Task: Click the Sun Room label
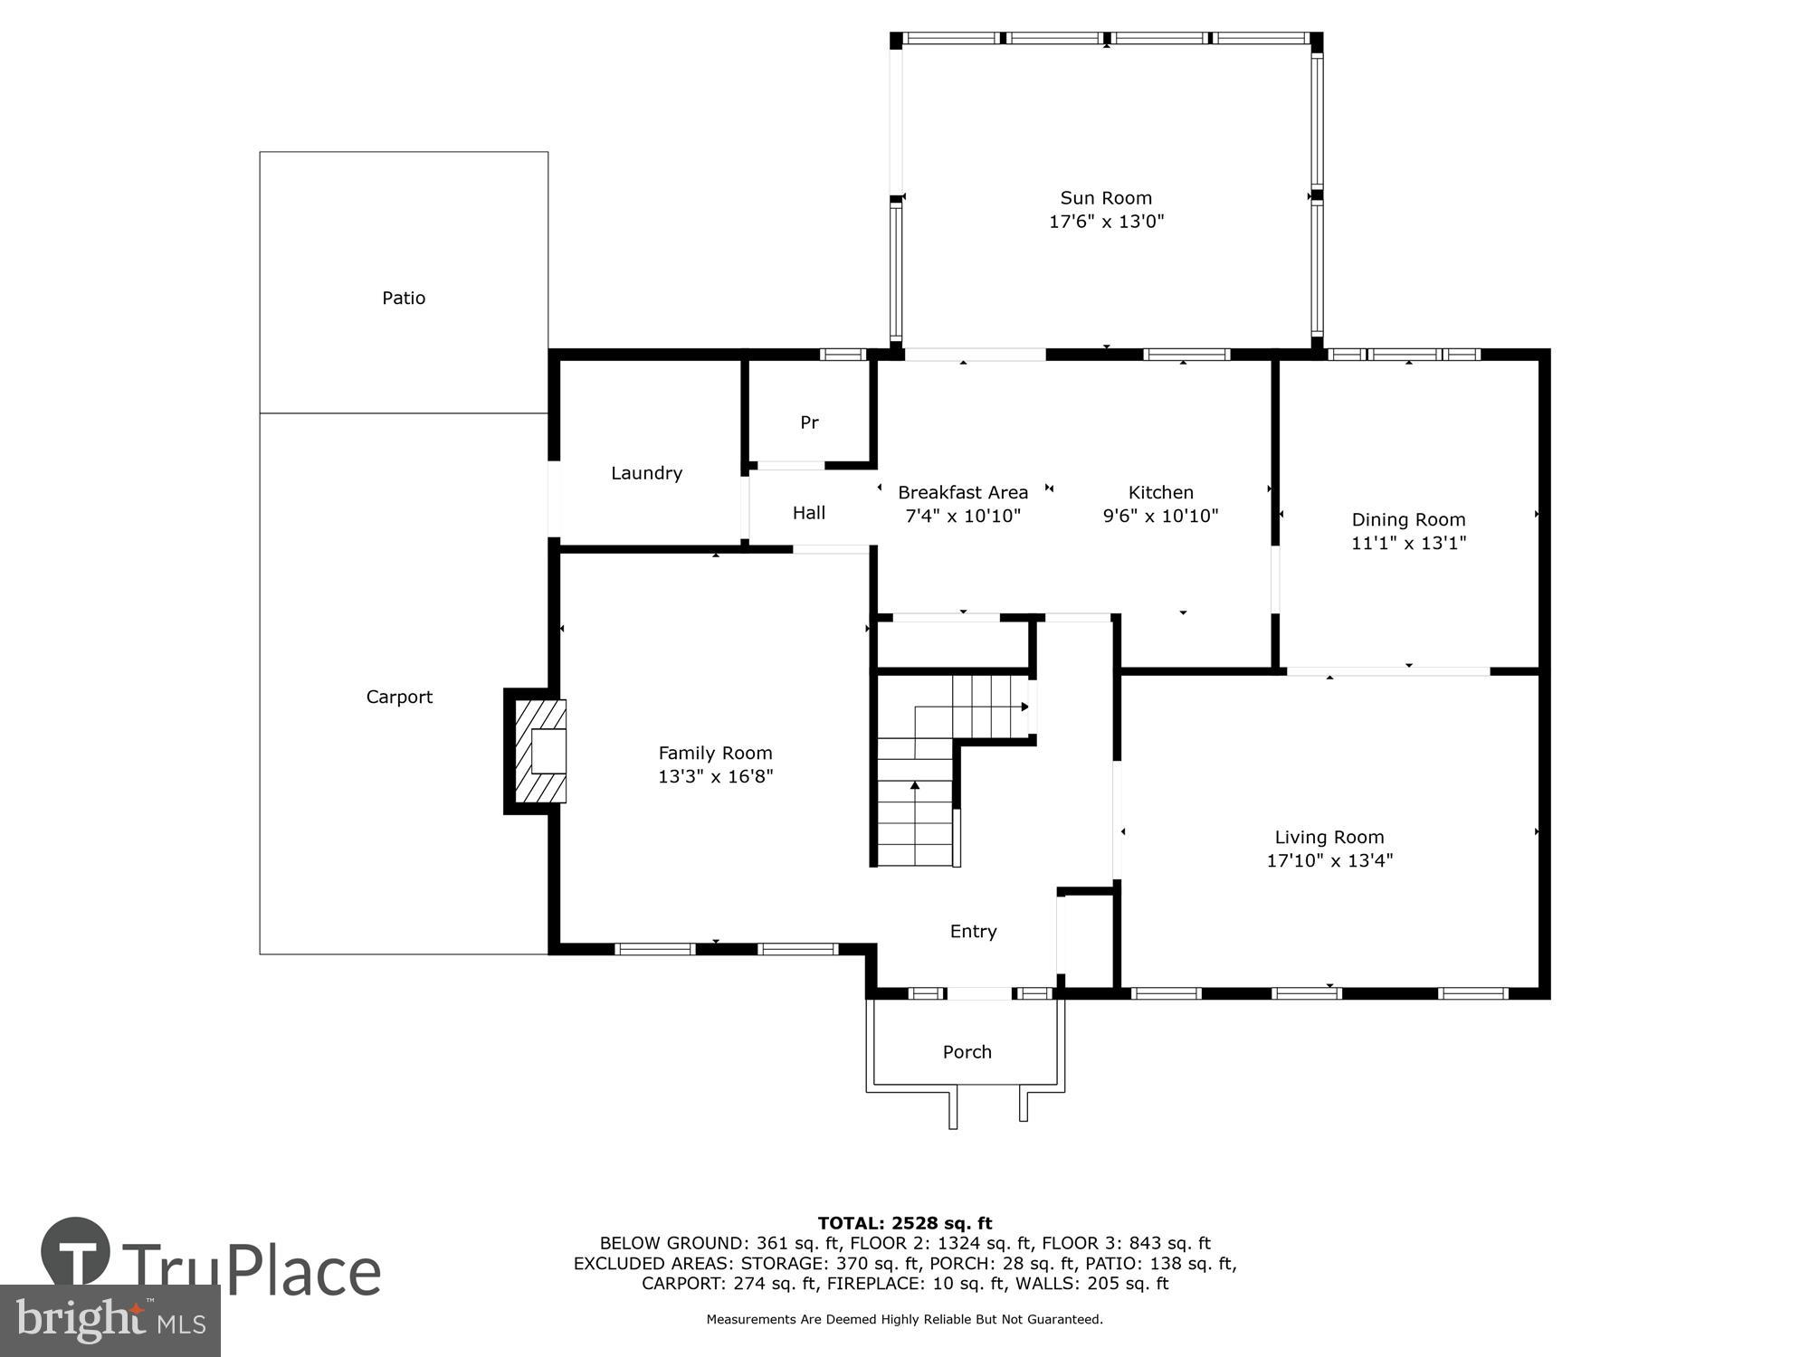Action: point(1106,198)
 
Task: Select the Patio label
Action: point(404,298)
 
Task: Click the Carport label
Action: point(399,697)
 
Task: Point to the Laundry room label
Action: point(646,473)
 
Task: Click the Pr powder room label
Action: point(809,422)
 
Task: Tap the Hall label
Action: point(809,513)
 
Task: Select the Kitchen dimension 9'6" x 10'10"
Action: point(1160,517)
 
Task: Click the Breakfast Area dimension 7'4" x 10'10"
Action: point(963,517)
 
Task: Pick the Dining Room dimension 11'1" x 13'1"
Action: point(1408,544)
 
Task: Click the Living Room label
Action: point(1329,837)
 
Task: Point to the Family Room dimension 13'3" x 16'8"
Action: point(715,777)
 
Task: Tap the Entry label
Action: point(973,931)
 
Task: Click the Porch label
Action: point(967,1052)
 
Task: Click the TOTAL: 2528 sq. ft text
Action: point(905,1224)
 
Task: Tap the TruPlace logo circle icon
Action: point(76,1252)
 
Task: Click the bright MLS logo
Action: point(110,1321)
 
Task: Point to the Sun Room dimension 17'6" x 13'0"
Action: point(1106,222)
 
